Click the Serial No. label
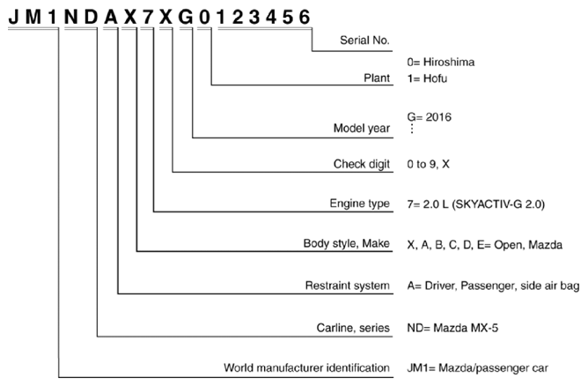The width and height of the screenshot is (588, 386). (364, 41)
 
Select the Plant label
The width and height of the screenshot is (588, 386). (377, 78)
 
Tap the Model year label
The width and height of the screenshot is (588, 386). (362, 129)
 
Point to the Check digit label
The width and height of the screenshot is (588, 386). (362, 164)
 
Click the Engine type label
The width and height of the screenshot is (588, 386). (360, 204)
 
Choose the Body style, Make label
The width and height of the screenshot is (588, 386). (347, 243)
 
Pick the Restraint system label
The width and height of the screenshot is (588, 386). (347, 286)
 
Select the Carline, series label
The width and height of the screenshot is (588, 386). (353, 328)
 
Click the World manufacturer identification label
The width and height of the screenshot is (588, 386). (306, 367)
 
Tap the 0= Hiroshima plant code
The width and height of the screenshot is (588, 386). (441, 62)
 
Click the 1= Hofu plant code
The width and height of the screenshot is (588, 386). (427, 78)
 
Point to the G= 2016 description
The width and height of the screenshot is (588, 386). (429, 117)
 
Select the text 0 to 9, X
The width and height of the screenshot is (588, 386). (428, 164)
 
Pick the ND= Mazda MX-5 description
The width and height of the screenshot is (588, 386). (452, 328)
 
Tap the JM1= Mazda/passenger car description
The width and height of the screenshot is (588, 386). (477, 368)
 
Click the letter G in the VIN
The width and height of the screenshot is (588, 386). (186, 18)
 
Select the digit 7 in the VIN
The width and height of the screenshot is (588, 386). (147, 18)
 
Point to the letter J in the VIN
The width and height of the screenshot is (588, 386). (13, 18)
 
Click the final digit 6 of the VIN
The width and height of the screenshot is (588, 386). (305, 18)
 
